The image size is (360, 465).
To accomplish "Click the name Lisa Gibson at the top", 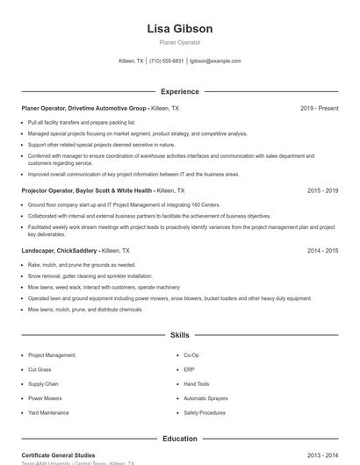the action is [179, 29].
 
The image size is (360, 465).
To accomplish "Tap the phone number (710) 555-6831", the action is [167, 61].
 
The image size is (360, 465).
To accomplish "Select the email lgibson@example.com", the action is [215, 61].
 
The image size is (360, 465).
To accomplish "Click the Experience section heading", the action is [179, 91].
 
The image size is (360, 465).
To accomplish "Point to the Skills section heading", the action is [179, 335].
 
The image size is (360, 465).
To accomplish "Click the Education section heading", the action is [179, 439].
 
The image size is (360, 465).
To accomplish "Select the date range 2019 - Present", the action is [319, 109].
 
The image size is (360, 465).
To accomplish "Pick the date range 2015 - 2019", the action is [322, 190].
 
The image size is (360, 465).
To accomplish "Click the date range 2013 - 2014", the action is [322, 455].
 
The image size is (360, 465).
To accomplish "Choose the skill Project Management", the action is [51, 355].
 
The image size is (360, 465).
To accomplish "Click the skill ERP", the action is [189, 369].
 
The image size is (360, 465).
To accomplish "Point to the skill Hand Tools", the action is [197, 383].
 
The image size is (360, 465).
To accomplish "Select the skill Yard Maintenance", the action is [48, 412].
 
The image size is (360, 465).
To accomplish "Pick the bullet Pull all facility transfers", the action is [82, 123].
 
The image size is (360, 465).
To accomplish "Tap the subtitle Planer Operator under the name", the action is [179, 42].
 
